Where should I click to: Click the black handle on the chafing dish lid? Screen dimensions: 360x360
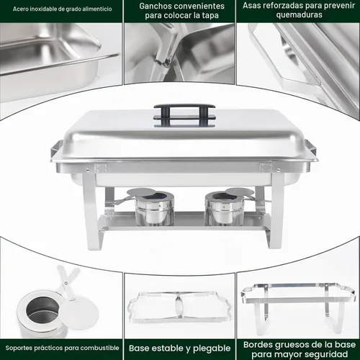[x=184, y=107]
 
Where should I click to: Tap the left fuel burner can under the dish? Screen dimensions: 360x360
[x=155, y=209]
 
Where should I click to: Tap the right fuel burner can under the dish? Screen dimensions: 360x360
[x=224, y=209]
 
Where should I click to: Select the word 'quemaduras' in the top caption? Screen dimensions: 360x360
[x=299, y=15]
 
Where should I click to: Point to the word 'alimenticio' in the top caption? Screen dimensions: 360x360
[x=97, y=9]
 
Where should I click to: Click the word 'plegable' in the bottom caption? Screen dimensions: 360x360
[x=212, y=348]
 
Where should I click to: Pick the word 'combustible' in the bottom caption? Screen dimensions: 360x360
[x=104, y=348]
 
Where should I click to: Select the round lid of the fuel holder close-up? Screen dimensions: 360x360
[x=79, y=313]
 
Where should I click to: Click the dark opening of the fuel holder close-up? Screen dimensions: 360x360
[x=42, y=308]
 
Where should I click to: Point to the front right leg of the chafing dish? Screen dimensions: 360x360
[x=276, y=211]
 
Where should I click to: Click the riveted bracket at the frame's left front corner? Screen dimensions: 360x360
[x=101, y=168]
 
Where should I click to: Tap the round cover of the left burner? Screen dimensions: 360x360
[x=142, y=192]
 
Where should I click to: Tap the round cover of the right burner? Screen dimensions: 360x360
[x=239, y=192]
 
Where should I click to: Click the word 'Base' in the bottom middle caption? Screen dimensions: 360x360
[x=140, y=348]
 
